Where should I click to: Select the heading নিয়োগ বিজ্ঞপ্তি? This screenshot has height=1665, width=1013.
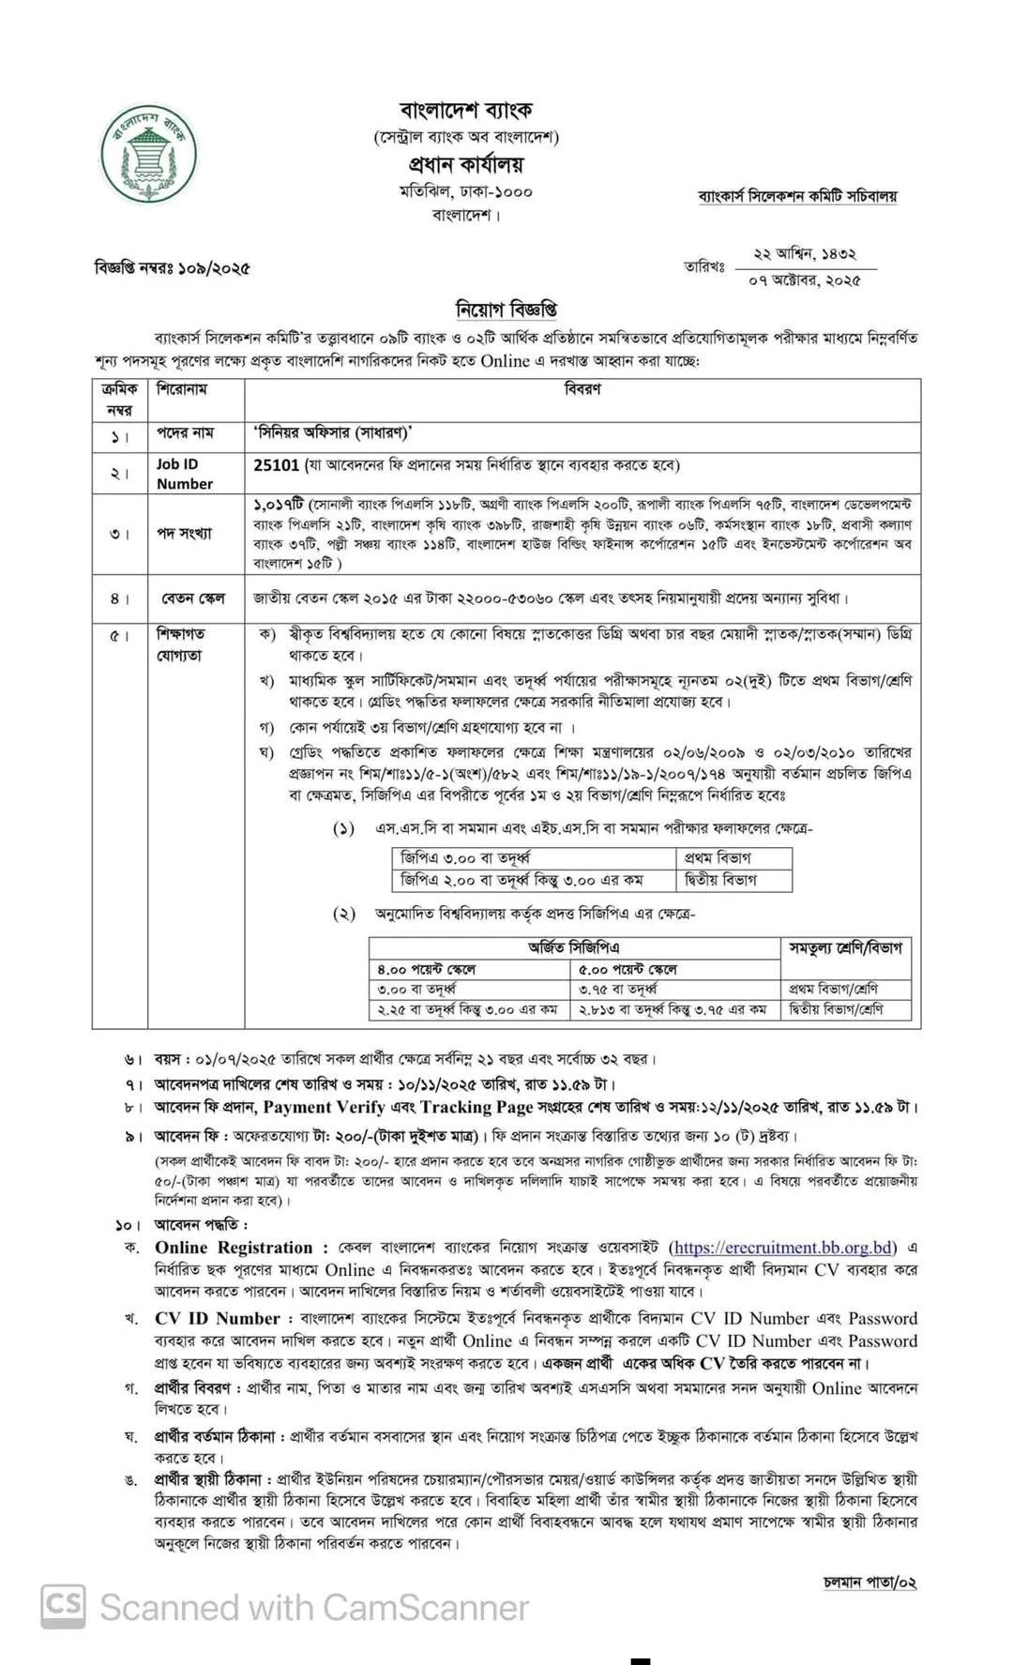506,309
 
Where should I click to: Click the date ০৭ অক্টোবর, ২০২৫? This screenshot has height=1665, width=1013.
805,280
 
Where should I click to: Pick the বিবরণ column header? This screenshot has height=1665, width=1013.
582,388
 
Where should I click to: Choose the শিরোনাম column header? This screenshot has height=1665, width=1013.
182,388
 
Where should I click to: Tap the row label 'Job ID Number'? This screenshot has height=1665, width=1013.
184,474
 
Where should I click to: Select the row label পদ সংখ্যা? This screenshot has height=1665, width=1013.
184,534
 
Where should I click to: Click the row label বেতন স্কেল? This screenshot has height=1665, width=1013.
191,598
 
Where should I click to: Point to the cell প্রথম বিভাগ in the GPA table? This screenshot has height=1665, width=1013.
718,858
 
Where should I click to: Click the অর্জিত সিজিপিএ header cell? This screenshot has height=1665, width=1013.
573,948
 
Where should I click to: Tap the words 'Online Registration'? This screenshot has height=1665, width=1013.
234,1248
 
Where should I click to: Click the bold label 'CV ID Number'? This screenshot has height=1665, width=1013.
218,1319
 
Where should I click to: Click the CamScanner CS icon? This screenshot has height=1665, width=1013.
62,1607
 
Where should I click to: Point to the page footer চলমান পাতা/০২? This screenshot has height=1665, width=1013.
869,1582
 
